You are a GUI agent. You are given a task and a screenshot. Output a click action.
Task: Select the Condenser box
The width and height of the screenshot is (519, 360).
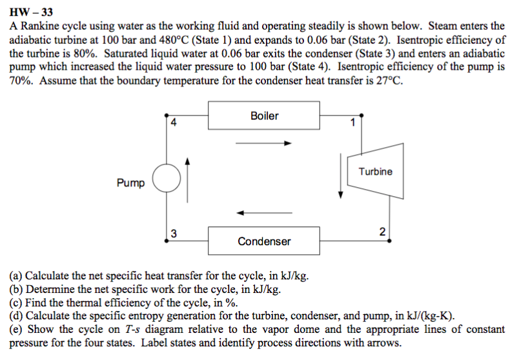click(x=264, y=241)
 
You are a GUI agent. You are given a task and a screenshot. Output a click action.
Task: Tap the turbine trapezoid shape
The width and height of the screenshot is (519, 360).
click(x=372, y=173)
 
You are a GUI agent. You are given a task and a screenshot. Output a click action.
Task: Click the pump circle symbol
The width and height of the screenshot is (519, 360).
click(x=166, y=179)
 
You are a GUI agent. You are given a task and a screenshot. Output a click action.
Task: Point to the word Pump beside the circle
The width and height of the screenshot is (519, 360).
click(x=131, y=183)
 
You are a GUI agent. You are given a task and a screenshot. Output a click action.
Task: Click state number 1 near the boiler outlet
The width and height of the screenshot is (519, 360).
click(x=352, y=122)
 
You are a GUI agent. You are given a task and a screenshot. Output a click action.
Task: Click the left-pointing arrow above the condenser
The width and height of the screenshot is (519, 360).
click(x=264, y=212)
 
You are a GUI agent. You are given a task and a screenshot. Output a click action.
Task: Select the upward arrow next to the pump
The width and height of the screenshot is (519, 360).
click(x=188, y=179)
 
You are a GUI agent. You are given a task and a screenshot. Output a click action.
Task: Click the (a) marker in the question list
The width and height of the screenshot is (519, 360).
click(x=16, y=279)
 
